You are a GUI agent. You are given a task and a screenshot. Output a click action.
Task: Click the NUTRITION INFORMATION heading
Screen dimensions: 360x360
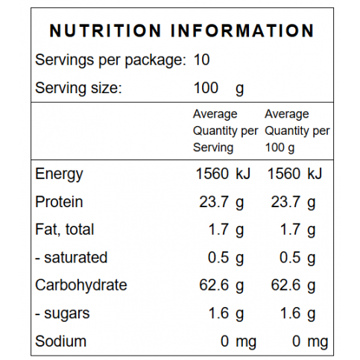182,31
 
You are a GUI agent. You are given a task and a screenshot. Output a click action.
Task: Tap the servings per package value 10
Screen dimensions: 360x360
201,60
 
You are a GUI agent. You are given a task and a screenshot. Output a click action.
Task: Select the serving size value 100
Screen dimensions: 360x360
206,88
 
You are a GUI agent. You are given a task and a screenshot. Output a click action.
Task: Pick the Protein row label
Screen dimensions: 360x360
59,201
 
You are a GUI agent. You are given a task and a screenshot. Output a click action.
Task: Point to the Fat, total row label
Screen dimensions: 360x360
65,230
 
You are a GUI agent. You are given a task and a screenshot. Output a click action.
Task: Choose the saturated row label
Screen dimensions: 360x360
72,257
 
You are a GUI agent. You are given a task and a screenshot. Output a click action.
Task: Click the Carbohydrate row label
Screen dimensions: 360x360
81,285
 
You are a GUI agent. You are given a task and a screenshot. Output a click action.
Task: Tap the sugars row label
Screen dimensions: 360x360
63,314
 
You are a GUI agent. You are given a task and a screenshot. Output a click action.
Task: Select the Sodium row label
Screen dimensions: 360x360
60,341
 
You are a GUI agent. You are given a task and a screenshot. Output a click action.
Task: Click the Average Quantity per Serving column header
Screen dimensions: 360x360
225,131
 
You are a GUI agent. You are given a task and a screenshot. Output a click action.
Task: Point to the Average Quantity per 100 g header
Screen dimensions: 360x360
297,131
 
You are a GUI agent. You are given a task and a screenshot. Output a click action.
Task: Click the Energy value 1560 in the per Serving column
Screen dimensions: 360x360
212,174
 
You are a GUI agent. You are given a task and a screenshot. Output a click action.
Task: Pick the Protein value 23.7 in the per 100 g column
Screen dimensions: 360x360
285,202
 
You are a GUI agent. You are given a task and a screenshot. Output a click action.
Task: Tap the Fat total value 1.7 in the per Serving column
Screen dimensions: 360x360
218,230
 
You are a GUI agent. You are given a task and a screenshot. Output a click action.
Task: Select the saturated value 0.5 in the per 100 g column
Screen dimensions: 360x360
290,257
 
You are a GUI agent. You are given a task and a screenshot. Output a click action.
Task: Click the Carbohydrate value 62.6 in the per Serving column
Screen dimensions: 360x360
214,285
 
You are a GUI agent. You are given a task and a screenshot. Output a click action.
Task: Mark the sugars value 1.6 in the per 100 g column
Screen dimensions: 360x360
290,313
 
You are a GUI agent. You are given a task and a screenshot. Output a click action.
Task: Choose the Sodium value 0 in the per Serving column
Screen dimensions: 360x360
224,341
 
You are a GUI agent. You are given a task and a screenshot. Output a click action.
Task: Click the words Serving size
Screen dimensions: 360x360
78,89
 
